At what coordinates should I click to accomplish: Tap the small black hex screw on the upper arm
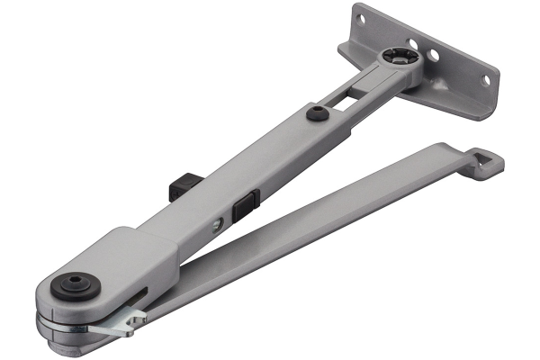pos(316,113)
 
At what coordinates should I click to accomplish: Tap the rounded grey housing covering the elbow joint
pos(108,261)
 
